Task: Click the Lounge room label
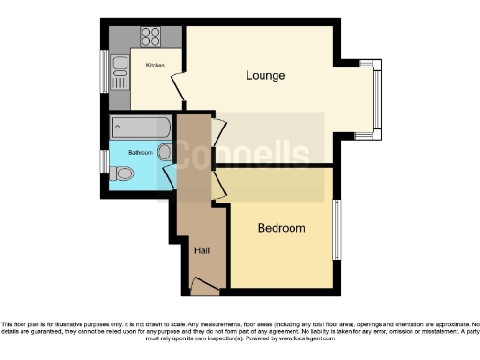pos(265,75)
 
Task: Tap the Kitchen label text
pos(155,65)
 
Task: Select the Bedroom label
pos(281,228)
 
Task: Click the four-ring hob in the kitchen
pos(150,37)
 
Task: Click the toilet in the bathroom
pos(121,173)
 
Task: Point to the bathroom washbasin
pos(166,152)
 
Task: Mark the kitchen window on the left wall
pos(105,70)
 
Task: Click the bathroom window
pos(105,161)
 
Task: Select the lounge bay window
pos(376,99)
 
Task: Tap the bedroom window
pos(337,229)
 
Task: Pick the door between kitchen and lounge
pos(177,85)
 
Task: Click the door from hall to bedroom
pos(218,185)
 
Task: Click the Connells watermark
pos(244,153)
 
